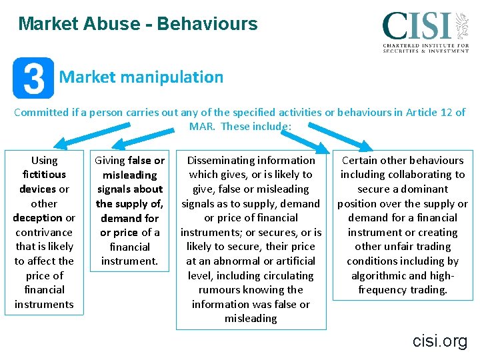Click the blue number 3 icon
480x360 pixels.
pyautogui.click(x=33, y=78)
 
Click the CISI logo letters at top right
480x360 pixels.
pyautogui.click(x=417, y=26)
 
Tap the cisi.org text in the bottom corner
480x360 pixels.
pyautogui.click(x=439, y=341)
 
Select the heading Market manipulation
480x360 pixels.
pyautogui.click(x=141, y=77)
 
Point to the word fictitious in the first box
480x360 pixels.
pyautogui.click(x=45, y=175)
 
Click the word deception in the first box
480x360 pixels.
pyautogui.click(x=37, y=218)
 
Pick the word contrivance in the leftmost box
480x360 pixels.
pyautogui.click(x=45, y=232)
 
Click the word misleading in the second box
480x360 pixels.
pyautogui.click(x=129, y=175)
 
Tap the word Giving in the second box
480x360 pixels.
pyautogui.click(x=111, y=161)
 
